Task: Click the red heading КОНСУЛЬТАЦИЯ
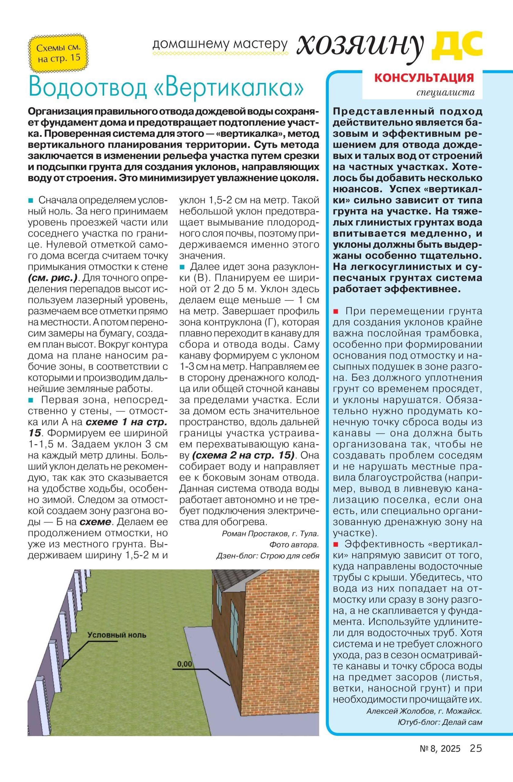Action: pyautogui.click(x=424, y=78)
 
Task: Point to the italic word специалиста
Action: pyautogui.click(x=445, y=93)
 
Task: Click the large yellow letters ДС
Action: pyautogui.click(x=457, y=44)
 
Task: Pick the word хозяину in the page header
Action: pyautogui.click(x=360, y=46)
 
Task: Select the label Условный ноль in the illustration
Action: pyautogui.click(x=117, y=635)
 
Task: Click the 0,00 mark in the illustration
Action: pyautogui.click(x=185, y=664)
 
